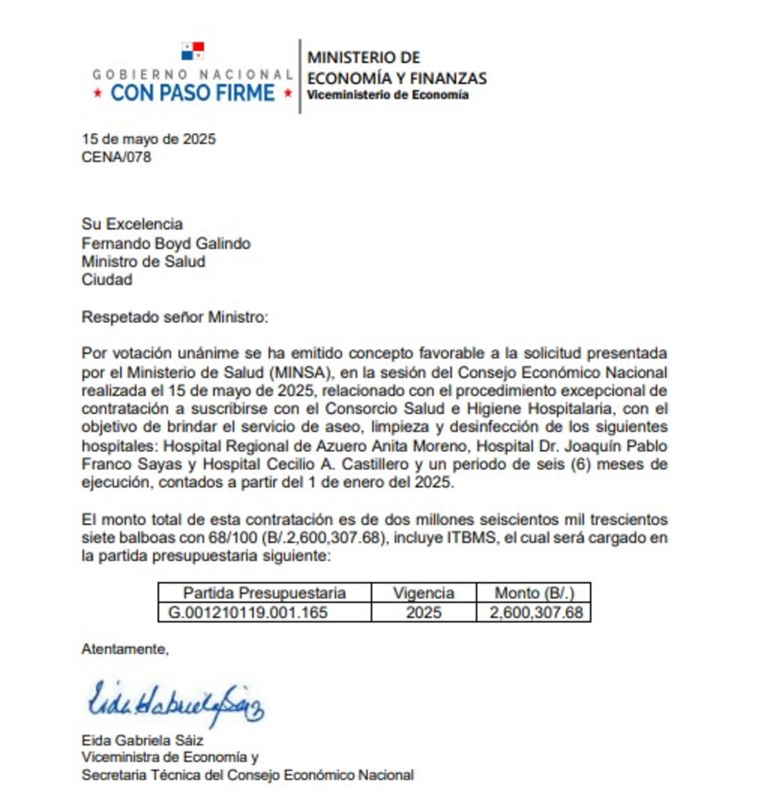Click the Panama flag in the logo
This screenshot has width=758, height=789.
(x=193, y=51)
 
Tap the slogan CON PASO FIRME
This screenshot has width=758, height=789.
(x=193, y=93)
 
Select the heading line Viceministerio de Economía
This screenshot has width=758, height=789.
(x=387, y=95)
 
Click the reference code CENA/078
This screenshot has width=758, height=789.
(x=116, y=157)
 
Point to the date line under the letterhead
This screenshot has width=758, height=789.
(x=148, y=139)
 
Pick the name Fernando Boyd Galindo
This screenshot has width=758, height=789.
(x=165, y=243)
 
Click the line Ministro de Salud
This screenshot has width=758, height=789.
(x=143, y=261)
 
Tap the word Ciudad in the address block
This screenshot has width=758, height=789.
(x=107, y=280)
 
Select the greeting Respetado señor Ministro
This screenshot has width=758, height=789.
(x=174, y=317)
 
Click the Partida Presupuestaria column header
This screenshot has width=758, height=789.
(x=264, y=593)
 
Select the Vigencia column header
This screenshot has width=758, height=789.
(x=423, y=593)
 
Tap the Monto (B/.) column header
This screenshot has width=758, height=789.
(x=534, y=593)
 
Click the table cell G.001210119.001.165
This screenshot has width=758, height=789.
(x=248, y=612)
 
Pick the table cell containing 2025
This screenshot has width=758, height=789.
(x=423, y=612)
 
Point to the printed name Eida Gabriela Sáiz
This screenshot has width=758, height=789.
(x=142, y=740)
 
